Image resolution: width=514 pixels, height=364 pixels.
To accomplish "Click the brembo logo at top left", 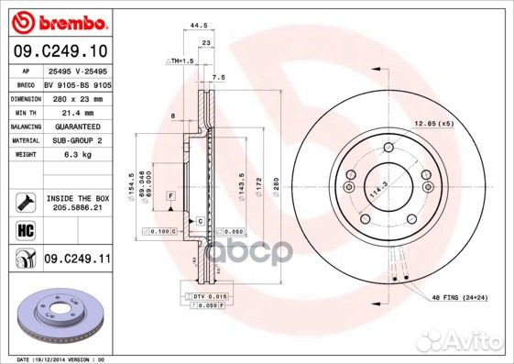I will [57, 20].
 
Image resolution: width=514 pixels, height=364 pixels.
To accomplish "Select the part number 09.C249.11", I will [77, 259].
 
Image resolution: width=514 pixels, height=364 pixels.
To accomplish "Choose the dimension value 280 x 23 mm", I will [77, 97].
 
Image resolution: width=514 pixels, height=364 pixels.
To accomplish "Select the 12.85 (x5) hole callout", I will [433, 123].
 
